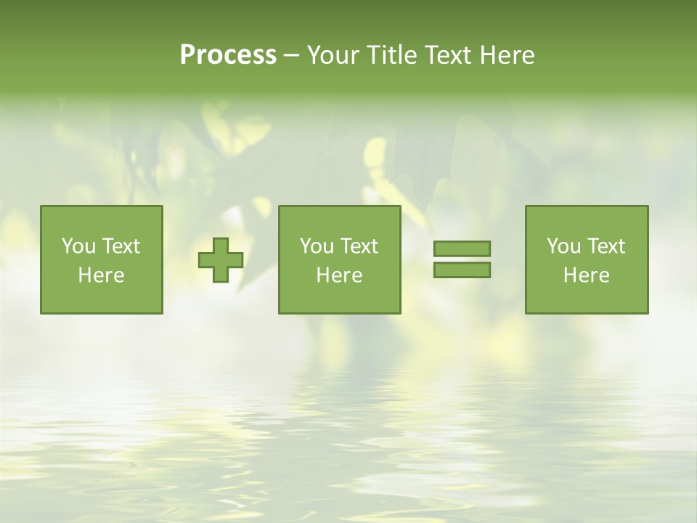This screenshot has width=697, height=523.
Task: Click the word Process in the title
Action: (228, 55)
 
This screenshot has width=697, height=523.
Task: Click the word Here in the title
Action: (507, 55)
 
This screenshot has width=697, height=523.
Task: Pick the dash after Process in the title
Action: (292, 56)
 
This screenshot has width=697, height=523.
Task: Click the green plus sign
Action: (221, 260)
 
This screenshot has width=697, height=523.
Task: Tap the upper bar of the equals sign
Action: (462, 248)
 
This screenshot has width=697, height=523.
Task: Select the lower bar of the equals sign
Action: (462, 270)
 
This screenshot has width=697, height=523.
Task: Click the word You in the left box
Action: (78, 246)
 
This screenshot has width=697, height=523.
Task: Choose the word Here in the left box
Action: (101, 275)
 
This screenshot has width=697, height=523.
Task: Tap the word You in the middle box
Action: (317, 246)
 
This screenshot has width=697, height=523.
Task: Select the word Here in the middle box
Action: (339, 275)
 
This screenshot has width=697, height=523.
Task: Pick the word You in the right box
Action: (563, 246)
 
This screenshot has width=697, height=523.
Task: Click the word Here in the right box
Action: (586, 275)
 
